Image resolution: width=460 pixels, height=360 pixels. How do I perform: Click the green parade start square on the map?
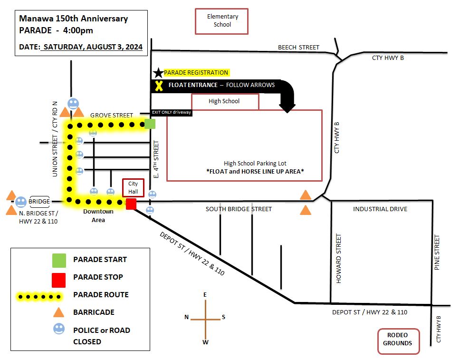point(150,124)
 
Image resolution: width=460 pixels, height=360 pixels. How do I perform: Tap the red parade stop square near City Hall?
point(131,204)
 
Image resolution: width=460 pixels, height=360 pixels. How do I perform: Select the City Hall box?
point(133,188)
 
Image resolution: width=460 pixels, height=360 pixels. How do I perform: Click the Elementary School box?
point(222,21)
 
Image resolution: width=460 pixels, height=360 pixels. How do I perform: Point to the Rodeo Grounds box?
point(398,341)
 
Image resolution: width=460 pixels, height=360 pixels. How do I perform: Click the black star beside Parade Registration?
point(158,73)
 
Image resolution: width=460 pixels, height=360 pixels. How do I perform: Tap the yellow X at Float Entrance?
point(159,86)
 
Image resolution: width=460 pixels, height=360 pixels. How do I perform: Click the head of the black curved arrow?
point(287,107)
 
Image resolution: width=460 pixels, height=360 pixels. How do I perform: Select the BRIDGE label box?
point(39,202)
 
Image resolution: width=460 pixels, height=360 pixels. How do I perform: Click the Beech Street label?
point(298,47)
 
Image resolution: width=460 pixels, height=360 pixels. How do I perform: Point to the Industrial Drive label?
point(380,209)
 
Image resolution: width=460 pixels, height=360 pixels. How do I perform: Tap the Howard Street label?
point(338,258)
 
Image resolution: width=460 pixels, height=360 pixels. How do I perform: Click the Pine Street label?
point(437,252)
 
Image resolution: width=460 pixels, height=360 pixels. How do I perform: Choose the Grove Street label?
point(112,115)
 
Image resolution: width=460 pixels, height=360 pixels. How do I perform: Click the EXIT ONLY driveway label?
point(172,112)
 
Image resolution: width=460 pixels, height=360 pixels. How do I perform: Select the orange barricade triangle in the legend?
point(58,312)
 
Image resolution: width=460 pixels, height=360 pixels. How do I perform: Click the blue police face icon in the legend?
point(59,329)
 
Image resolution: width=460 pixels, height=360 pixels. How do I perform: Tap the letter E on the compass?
point(205,294)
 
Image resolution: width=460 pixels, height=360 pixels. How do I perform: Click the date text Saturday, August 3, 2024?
point(93,47)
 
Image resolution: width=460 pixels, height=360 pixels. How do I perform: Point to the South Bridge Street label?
point(239,209)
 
